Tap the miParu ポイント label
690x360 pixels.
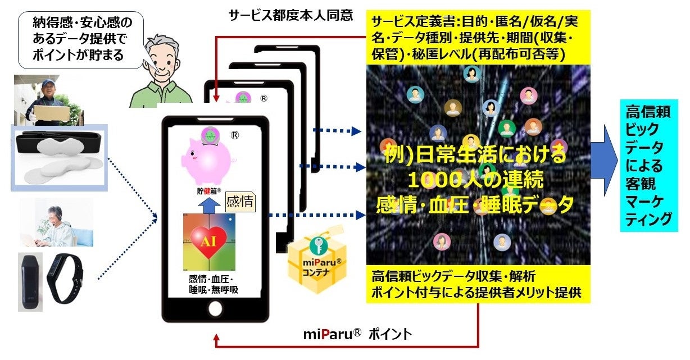pyautogui.click(x=357, y=335)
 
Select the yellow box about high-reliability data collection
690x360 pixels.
pyautogui.click(x=478, y=284)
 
